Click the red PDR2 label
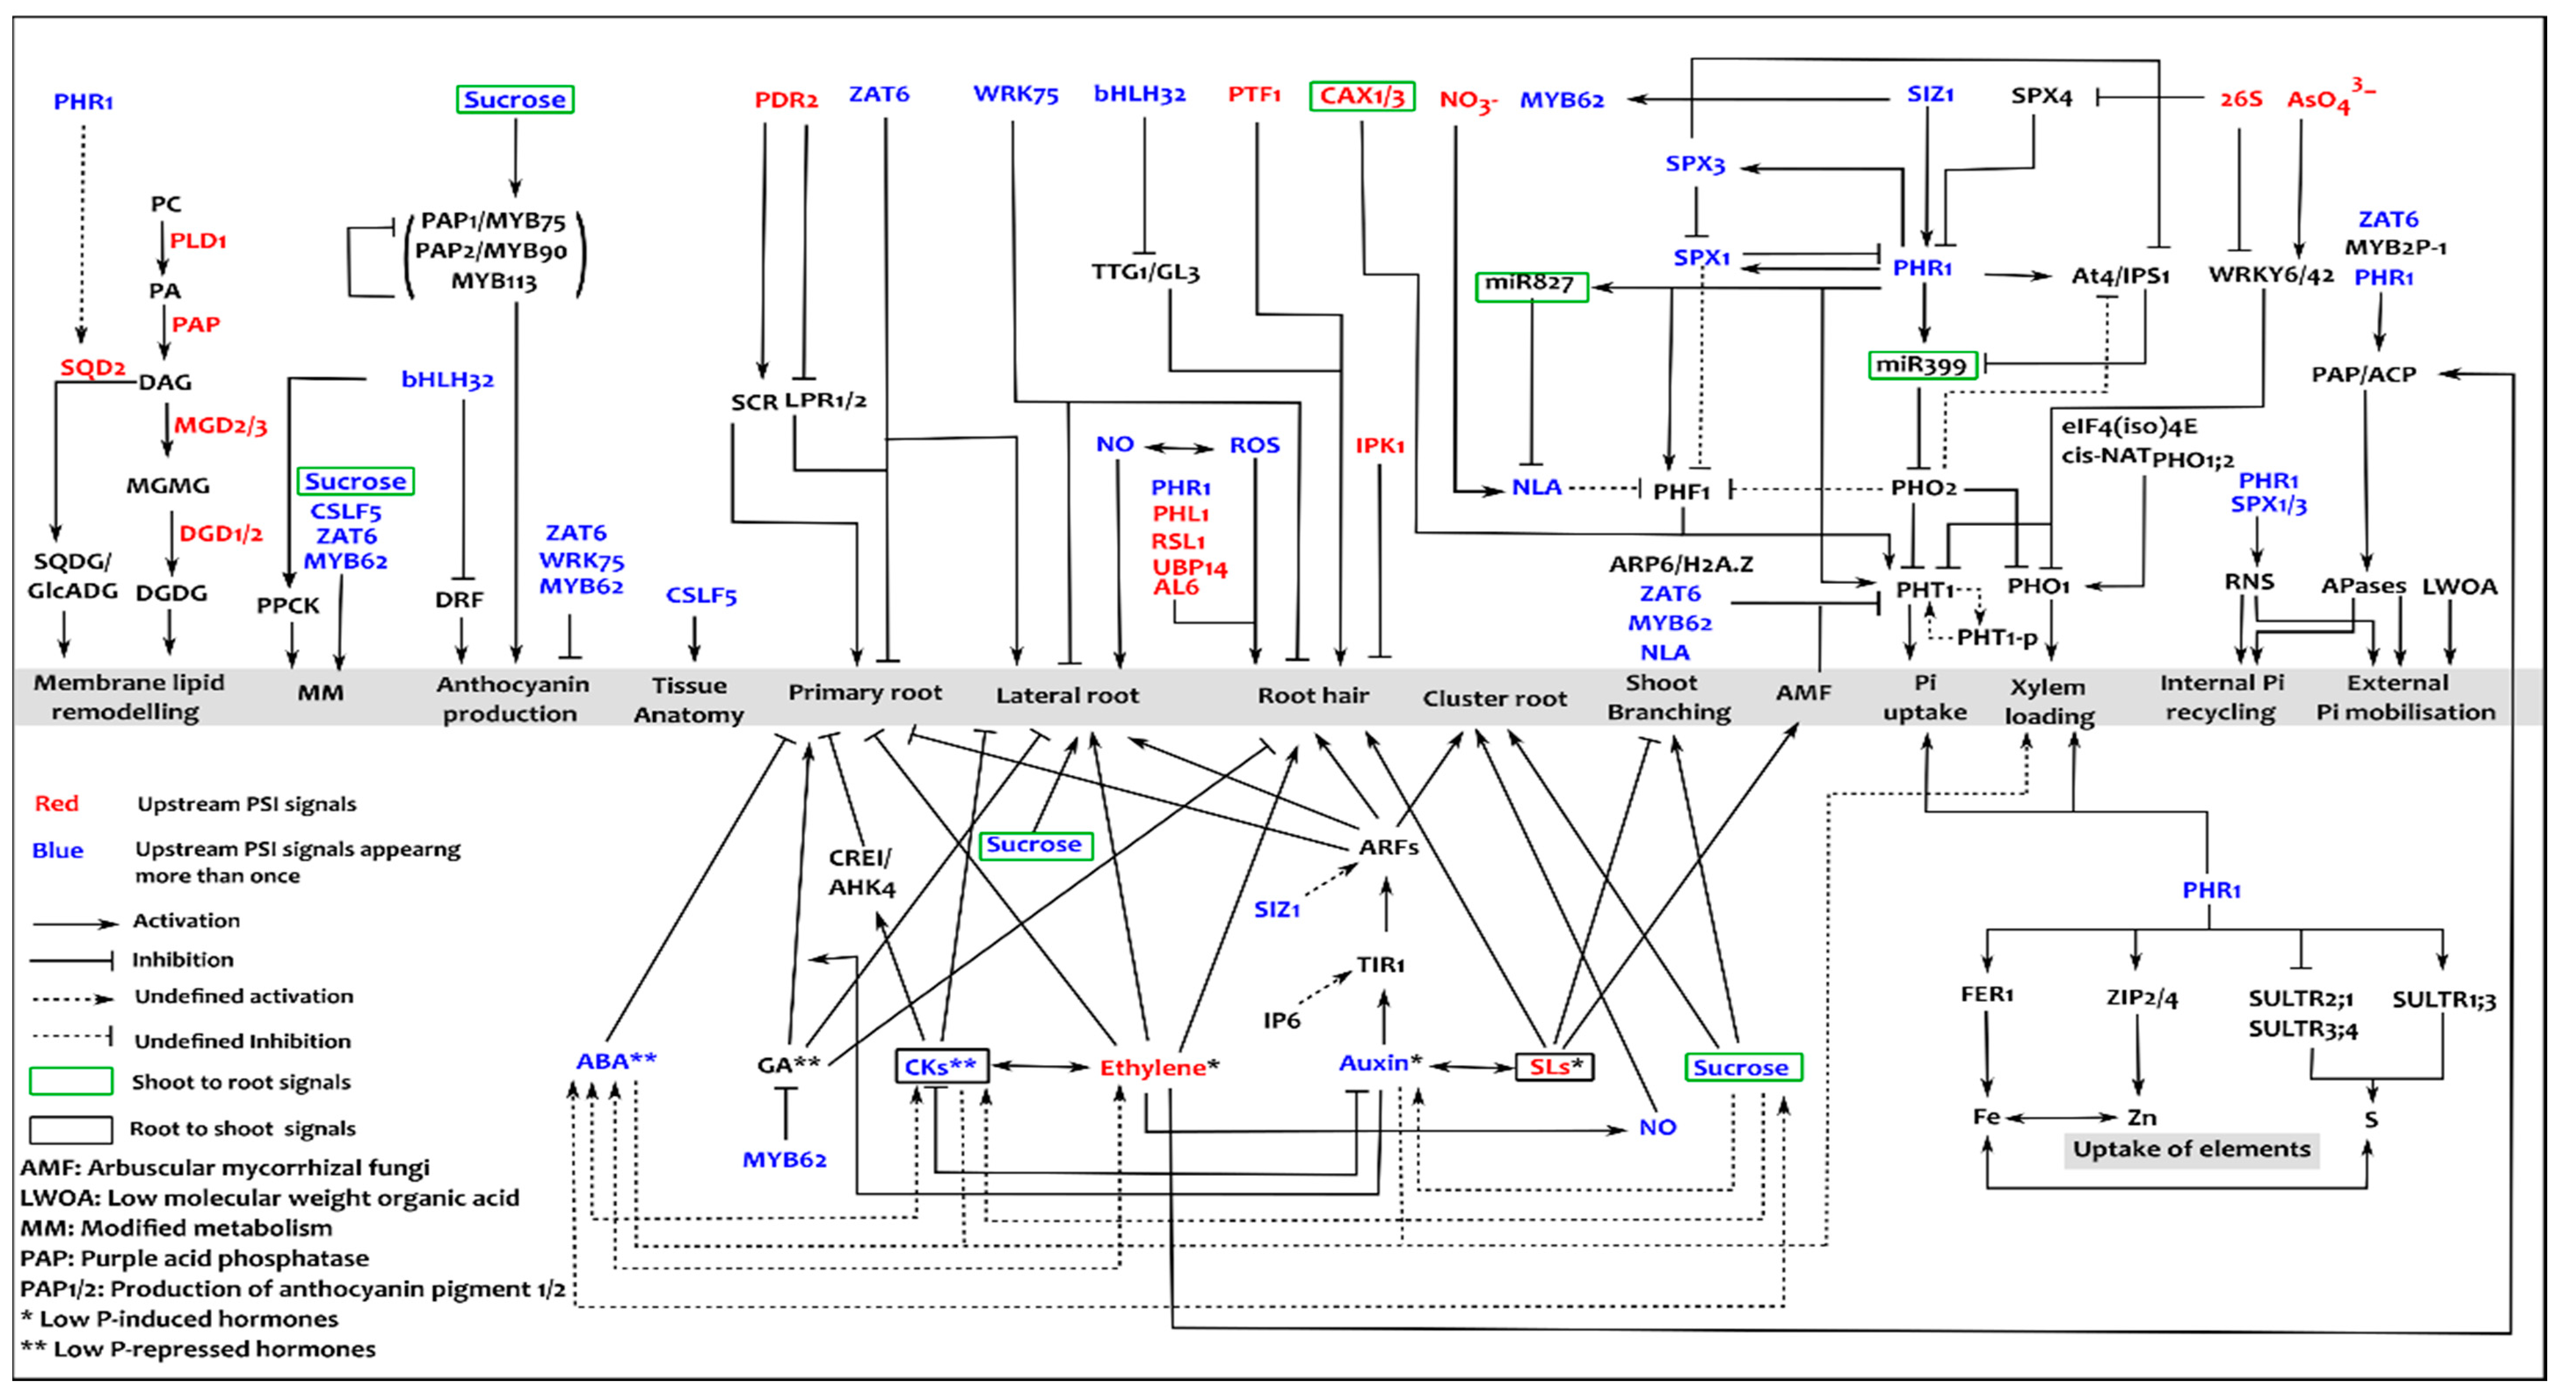pyautogui.click(x=785, y=100)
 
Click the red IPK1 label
pyautogui.click(x=1379, y=446)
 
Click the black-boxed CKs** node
pyautogui.click(x=941, y=1066)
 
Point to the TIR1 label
pyautogui.click(x=1380, y=964)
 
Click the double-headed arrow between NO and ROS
pyautogui.click(x=1180, y=447)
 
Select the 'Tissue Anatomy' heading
pyautogui.click(x=689, y=699)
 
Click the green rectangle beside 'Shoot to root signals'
pyautogui.click(x=71, y=1081)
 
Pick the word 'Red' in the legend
pyautogui.click(x=57, y=803)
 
